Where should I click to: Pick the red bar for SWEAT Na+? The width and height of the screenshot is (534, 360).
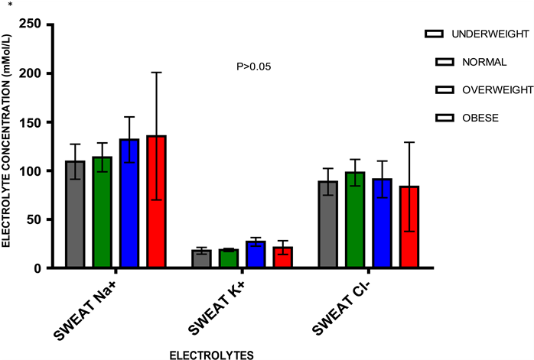point(156,202)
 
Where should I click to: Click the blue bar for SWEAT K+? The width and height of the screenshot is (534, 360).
point(256,255)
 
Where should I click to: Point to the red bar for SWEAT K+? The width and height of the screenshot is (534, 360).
point(282,258)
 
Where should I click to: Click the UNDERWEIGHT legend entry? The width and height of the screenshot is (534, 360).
point(477,34)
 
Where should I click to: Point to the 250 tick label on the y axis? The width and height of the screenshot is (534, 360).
point(31,24)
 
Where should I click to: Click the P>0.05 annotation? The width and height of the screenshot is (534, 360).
point(253,66)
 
